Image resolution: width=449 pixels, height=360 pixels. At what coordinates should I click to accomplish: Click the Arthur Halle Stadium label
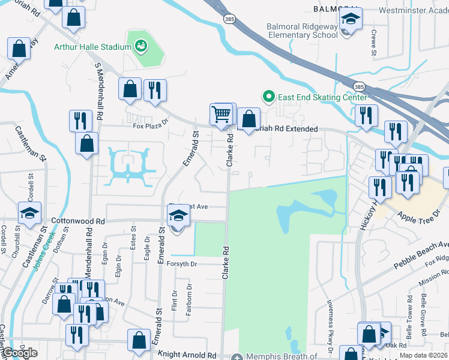point(92,47)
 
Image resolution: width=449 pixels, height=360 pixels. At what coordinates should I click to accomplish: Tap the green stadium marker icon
point(142,45)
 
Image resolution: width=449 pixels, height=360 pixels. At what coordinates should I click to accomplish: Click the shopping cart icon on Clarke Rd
point(221,113)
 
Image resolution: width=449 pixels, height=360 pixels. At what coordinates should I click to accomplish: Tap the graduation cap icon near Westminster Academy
point(351,20)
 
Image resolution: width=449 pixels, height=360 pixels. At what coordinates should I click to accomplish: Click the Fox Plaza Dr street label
point(147,127)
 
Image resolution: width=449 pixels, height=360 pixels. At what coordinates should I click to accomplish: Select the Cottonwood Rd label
point(78,220)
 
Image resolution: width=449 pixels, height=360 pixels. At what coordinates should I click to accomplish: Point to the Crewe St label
point(373,43)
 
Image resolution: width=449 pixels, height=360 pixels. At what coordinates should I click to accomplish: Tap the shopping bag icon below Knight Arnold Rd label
point(139,340)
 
